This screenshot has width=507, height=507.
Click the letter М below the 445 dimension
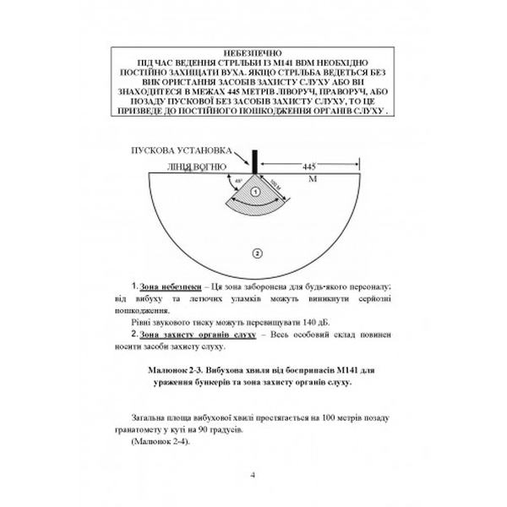[313, 180]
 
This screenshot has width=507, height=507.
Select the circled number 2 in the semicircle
[256, 252]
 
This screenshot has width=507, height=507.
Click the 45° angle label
[239, 180]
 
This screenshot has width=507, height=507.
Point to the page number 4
[253, 472]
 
